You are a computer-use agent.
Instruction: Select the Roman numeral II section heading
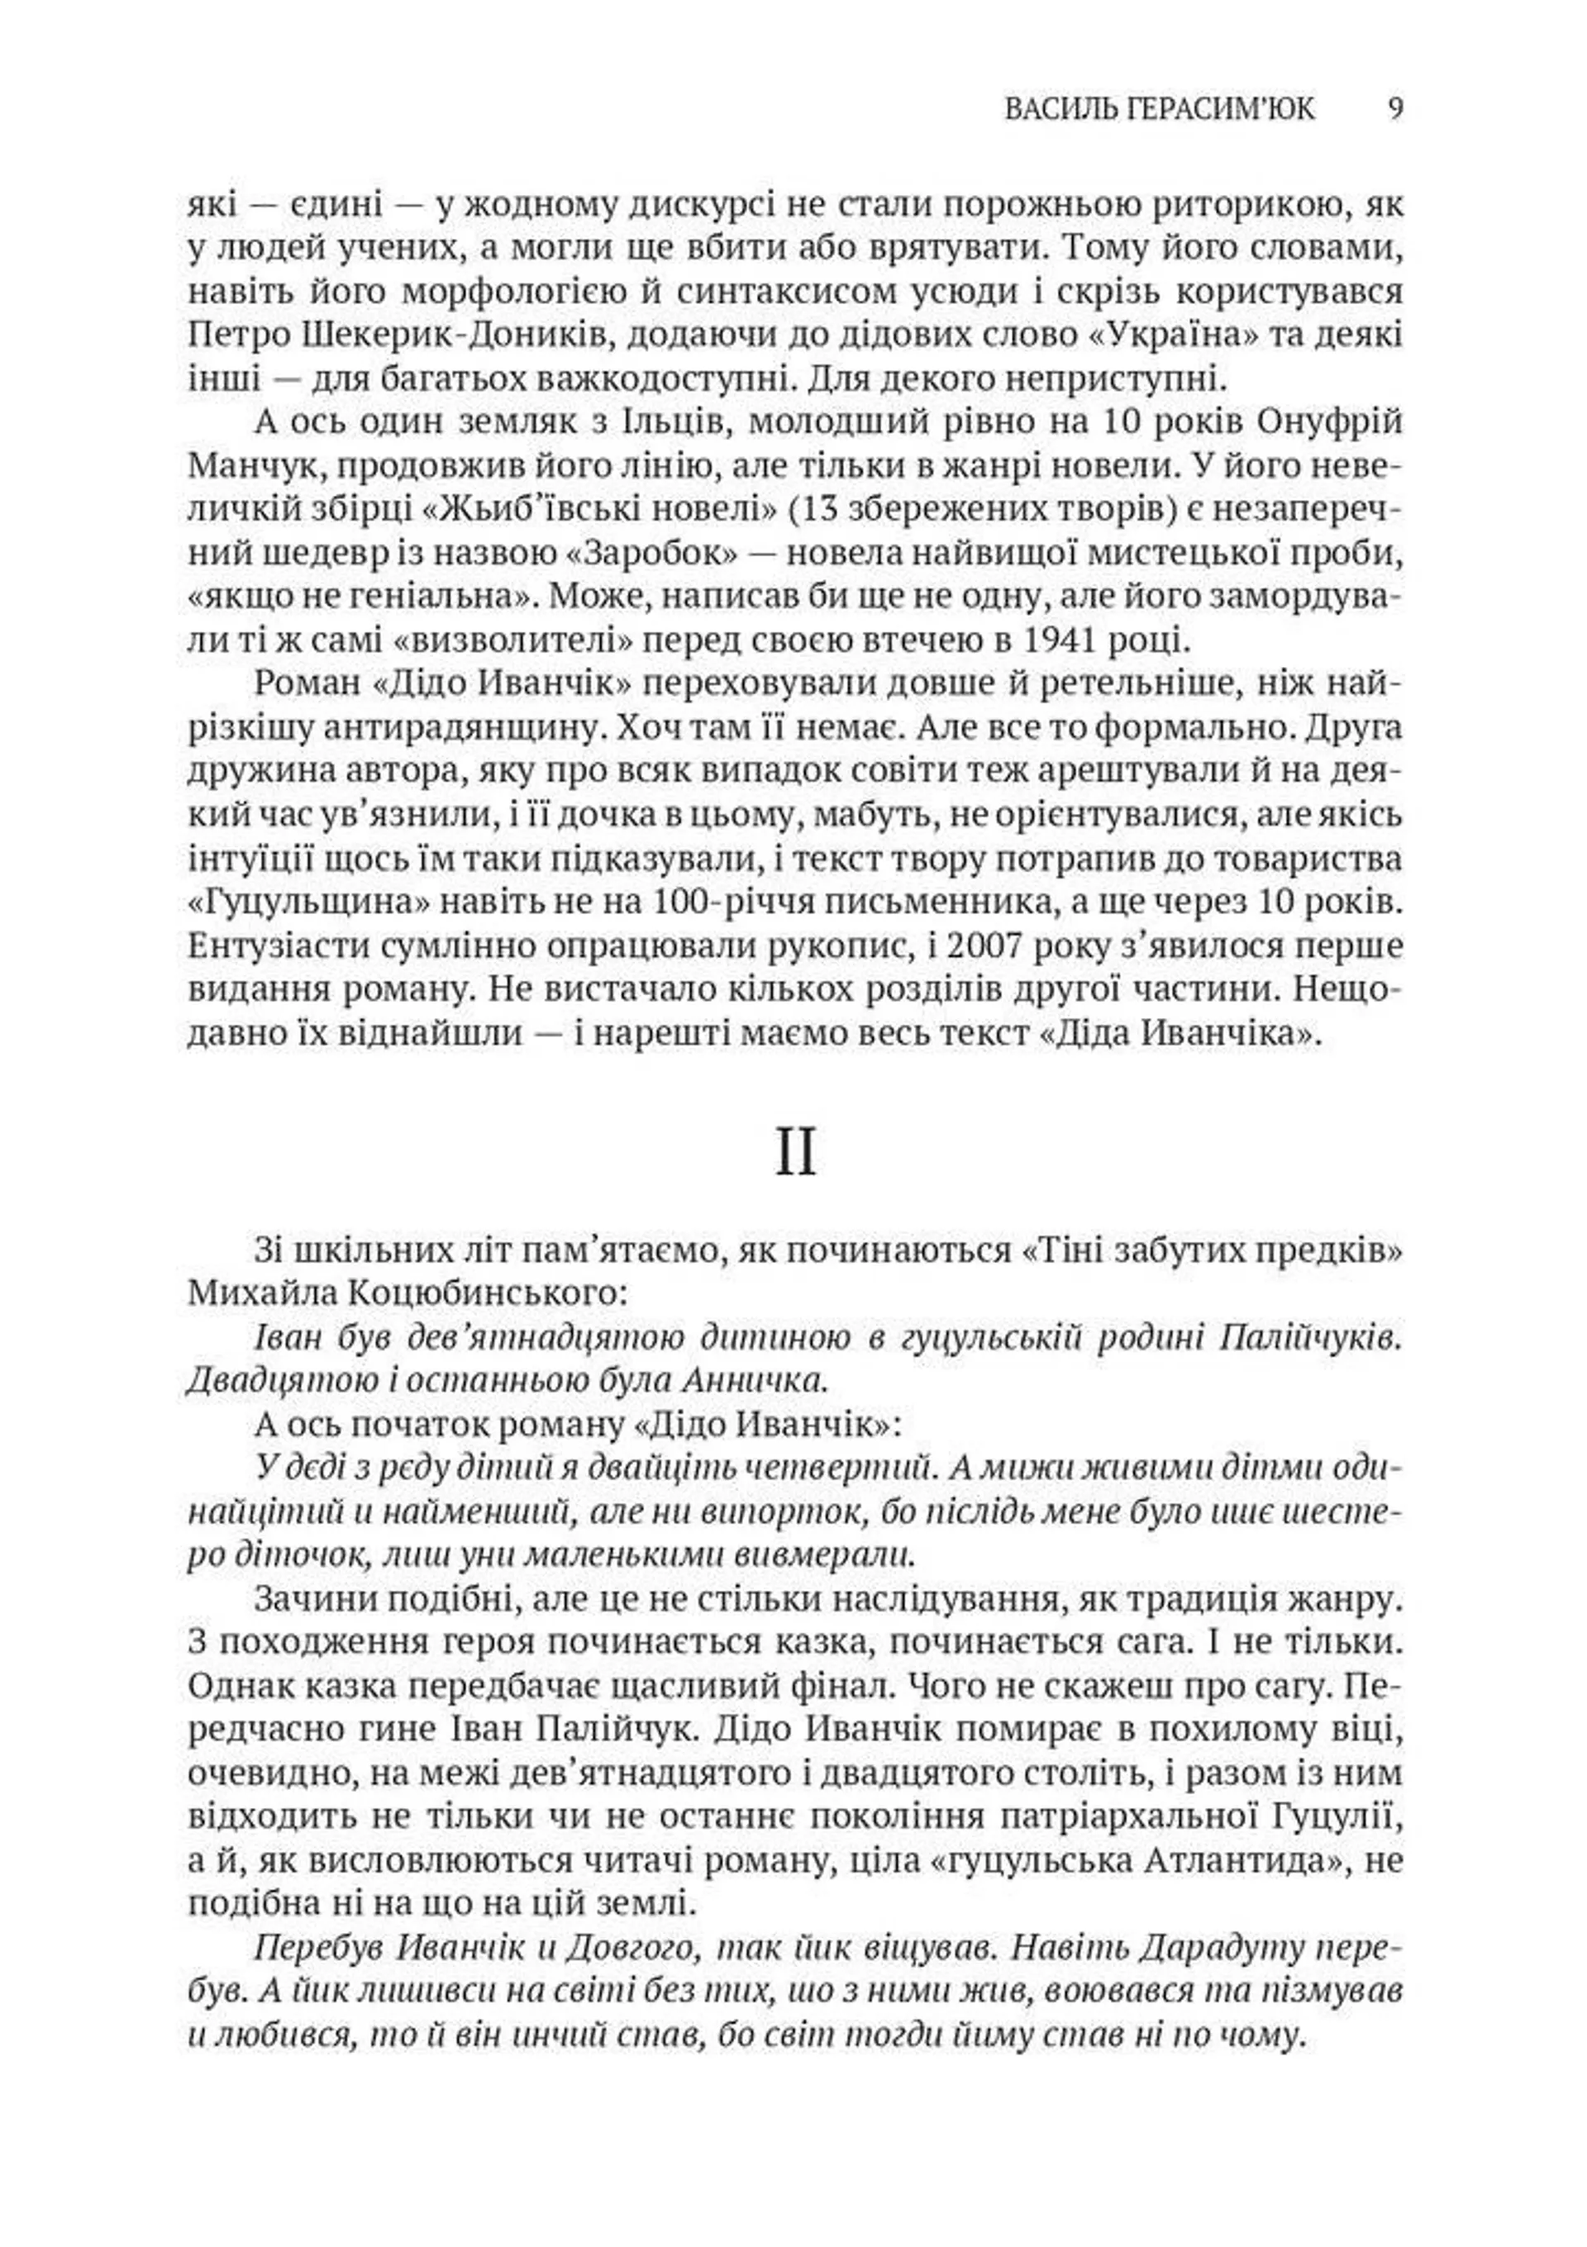click(x=795, y=1154)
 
